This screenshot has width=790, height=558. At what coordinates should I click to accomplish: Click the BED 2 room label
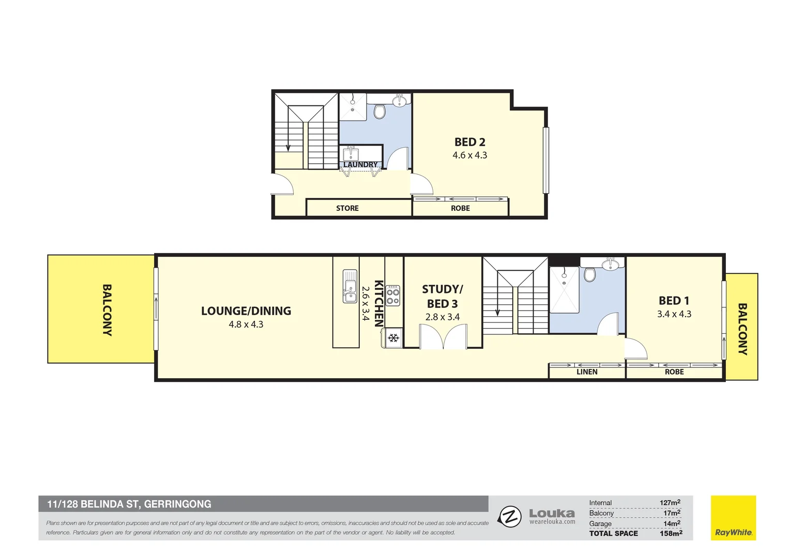pyautogui.click(x=469, y=142)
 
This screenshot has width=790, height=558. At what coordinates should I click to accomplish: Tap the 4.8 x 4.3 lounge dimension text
pyautogui.click(x=246, y=324)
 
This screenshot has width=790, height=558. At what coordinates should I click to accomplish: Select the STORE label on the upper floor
pyautogui.click(x=347, y=208)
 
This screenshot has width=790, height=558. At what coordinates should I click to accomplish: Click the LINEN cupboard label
pyautogui.click(x=587, y=372)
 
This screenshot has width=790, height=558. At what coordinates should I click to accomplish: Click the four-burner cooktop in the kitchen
pyautogui.click(x=393, y=296)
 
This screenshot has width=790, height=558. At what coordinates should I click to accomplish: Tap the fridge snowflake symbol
pyautogui.click(x=393, y=338)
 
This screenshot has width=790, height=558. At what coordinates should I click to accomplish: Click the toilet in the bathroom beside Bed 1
pyautogui.click(x=589, y=274)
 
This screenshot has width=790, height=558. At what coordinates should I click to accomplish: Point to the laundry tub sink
pyautogui.click(x=351, y=154)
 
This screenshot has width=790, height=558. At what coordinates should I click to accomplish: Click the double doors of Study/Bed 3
pyautogui.click(x=443, y=337)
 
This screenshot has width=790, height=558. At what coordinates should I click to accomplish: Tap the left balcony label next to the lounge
pyautogui.click(x=107, y=310)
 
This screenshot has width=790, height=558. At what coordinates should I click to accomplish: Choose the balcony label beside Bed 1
pyautogui.click(x=742, y=329)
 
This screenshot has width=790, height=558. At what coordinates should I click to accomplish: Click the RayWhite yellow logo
pyautogui.click(x=733, y=518)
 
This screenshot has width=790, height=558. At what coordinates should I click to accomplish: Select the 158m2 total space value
pyautogui.click(x=671, y=533)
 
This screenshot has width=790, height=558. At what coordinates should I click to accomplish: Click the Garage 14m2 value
pyautogui.click(x=672, y=523)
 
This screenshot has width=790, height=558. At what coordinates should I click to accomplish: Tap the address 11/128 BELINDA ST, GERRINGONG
pyautogui.click(x=129, y=504)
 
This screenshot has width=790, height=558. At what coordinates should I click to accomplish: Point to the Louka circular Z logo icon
pyautogui.click(x=509, y=517)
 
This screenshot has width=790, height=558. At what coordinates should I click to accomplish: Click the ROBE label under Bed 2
pyautogui.click(x=460, y=208)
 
